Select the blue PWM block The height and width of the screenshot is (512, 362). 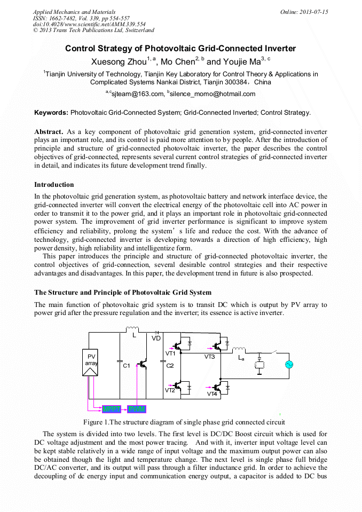pyautogui.click(x=137, y=409)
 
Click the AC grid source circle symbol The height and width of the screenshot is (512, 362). pyautogui.click(x=290, y=365)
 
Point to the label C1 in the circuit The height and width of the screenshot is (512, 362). pyautogui.click(x=127, y=366)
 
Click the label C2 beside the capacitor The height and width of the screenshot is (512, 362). pyautogui.click(x=170, y=366)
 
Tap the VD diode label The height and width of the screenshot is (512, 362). pyautogui.click(x=156, y=338)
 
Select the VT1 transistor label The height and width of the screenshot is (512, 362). pyautogui.click(x=170, y=353)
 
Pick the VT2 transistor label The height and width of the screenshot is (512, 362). pyautogui.click(x=170, y=390)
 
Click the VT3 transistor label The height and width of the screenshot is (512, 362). pyautogui.click(x=209, y=356)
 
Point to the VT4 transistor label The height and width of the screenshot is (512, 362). pyautogui.click(x=212, y=394)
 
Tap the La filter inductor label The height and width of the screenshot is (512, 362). pyautogui.click(x=241, y=358)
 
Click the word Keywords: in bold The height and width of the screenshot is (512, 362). pyautogui.click(x=51, y=113)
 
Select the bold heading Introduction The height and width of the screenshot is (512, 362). pyautogui.click(x=54, y=185)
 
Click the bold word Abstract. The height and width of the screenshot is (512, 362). pyautogui.click(x=49, y=131)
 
